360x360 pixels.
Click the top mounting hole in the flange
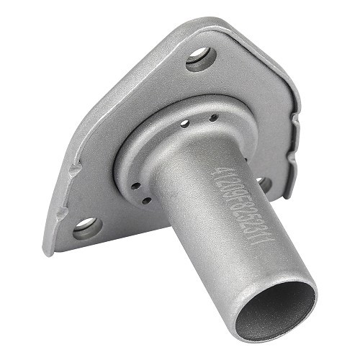pos(201,58)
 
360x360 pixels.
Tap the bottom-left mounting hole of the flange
pos(86,228)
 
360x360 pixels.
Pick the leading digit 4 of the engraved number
pos(216,173)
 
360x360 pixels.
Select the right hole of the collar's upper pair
pos(213,118)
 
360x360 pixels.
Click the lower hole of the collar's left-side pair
pos(145,200)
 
